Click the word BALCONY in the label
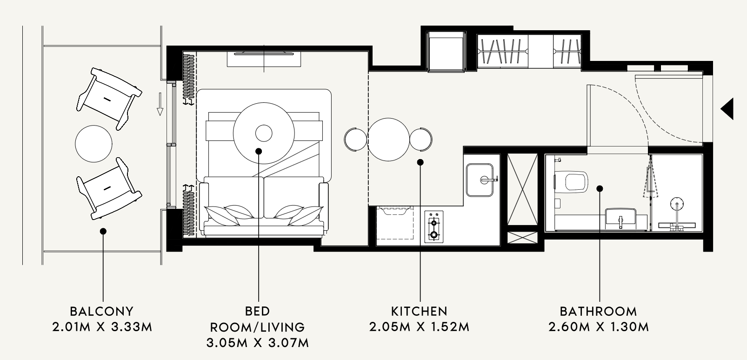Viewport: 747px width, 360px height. point(102,311)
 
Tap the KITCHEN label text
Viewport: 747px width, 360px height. point(419,311)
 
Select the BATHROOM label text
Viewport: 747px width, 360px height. point(599,311)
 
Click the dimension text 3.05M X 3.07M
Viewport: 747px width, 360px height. point(257,343)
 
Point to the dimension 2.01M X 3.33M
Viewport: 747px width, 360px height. point(102,327)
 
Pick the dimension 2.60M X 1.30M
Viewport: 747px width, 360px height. point(599,327)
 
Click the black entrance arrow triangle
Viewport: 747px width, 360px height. point(727,109)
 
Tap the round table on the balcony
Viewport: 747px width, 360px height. point(93,144)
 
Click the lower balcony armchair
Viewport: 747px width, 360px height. point(109,189)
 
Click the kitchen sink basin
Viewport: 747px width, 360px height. point(480,180)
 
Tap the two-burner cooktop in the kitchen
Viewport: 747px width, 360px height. point(434,227)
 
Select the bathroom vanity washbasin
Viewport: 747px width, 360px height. point(620,219)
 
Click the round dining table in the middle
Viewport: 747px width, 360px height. point(388,140)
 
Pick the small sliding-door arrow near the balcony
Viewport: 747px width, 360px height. point(160,104)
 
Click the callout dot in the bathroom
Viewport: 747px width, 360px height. point(600,189)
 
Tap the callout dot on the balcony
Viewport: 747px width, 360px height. point(103,231)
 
